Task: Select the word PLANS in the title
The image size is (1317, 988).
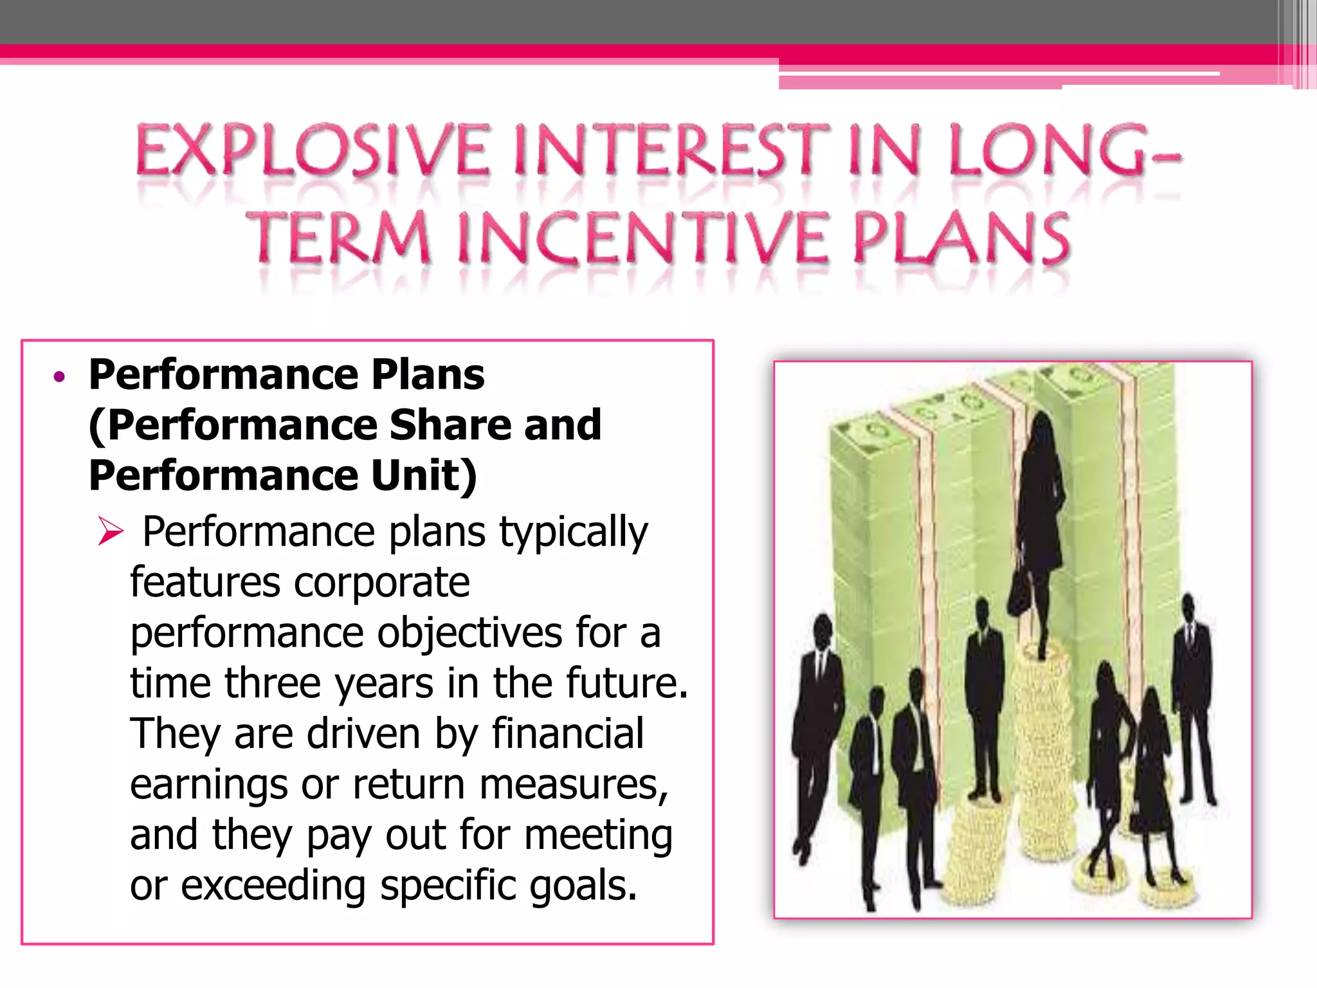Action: [961, 239]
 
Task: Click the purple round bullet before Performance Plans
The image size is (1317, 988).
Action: [60, 377]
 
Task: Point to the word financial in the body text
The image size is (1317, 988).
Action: [567, 734]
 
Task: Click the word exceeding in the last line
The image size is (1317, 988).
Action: [273, 886]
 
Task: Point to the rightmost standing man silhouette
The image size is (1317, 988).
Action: [1192, 695]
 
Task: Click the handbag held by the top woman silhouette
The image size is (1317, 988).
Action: [1019, 592]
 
